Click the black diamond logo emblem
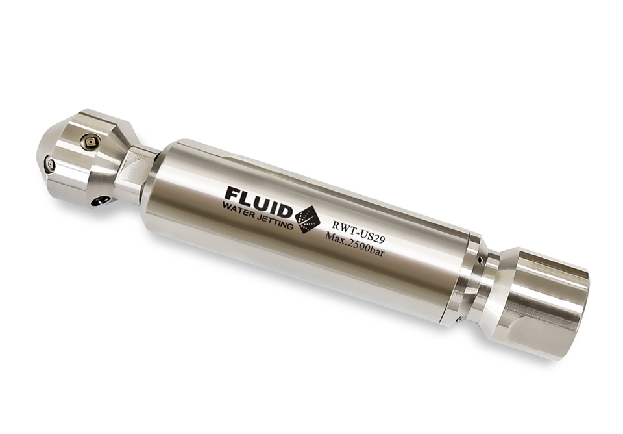[x=307, y=220]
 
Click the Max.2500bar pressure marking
[x=354, y=244]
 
